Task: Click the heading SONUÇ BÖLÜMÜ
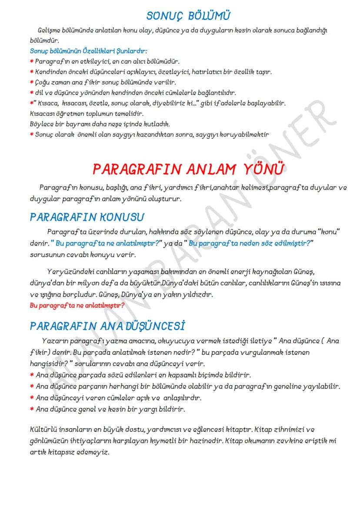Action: click(189, 16)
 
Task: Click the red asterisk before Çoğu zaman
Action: click(32, 82)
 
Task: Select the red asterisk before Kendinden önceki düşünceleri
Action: click(32, 72)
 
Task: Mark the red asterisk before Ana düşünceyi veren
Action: click(32, 398)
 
